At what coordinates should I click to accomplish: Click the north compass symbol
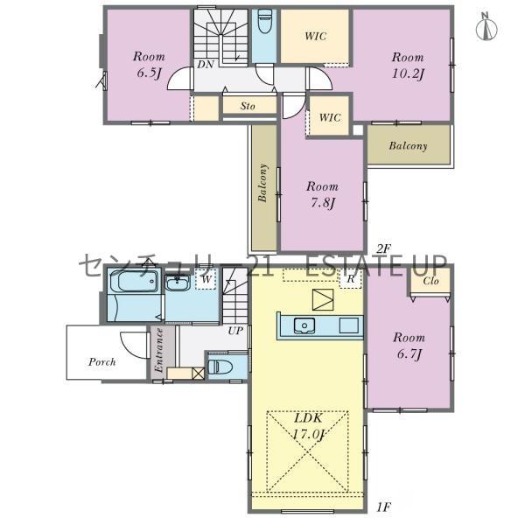(486, 27)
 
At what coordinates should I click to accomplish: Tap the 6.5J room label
(149, 65)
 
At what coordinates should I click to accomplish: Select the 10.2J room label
(408, 66)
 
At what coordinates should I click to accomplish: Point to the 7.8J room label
(322, 194)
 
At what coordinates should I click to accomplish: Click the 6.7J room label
(409, 346)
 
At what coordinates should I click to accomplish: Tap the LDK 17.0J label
(308, 426)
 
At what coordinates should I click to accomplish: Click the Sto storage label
(248, 106)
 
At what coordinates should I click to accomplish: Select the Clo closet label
(430, 281)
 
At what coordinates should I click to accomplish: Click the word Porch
(102, 362)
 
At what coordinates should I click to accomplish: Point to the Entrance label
(159, 350)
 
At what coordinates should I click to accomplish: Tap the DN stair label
(206, 64)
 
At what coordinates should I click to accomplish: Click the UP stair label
(235, 331)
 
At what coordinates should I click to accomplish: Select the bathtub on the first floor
(134, 282)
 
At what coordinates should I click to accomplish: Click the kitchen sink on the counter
(304, 325)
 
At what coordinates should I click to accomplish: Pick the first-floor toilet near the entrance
(220, 367)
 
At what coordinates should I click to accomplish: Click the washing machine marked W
(206, 279)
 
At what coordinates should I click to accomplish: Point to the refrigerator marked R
(351, 279)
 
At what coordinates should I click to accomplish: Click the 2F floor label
(384, 248)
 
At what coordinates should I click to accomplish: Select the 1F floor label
(383, 507)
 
